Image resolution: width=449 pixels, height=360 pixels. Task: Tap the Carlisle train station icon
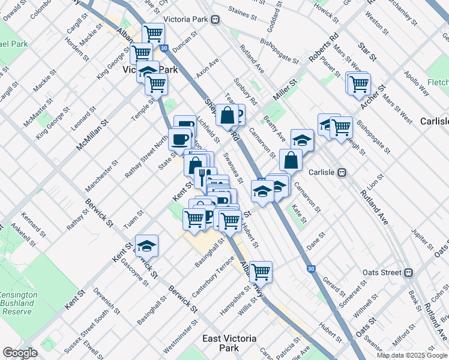342,172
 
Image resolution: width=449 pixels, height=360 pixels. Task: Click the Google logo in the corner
20,353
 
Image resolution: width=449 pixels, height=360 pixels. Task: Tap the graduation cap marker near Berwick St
146,245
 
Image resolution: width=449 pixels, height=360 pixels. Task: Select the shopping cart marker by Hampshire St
261,272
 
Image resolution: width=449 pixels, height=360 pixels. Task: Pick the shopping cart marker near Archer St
359,83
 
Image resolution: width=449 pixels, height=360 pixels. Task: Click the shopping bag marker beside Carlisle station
291,160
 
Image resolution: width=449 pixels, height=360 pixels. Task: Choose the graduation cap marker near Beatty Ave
302,140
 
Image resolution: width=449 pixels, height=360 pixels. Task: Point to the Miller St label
285,90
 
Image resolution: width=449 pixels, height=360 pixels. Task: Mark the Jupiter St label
423,238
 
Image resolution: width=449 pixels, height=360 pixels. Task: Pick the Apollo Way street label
417,83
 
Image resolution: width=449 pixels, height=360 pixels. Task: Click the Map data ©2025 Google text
412,355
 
